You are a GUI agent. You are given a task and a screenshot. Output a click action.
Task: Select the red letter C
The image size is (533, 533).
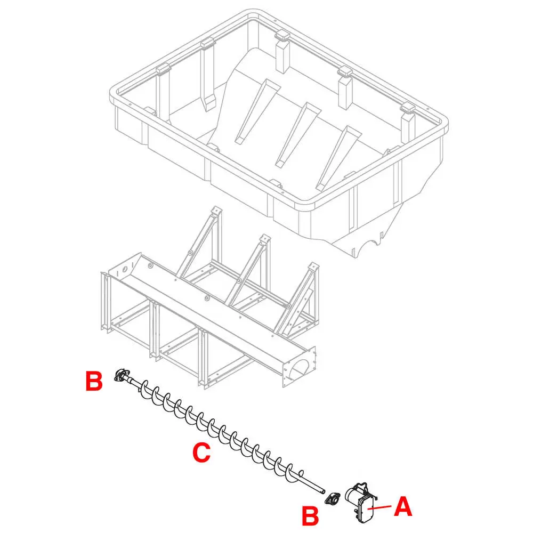point(201,453)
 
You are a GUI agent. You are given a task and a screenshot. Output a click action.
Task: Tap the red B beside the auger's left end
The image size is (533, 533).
point(94,382)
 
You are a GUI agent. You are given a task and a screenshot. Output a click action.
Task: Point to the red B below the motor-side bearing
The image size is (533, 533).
point(311,515)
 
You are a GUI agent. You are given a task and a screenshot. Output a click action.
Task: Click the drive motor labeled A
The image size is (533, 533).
point(360,502)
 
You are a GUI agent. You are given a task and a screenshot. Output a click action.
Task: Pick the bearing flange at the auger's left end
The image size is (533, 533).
point(122,376)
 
